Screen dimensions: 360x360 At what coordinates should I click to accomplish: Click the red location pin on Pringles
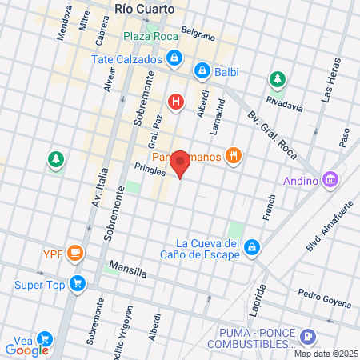[181, 163]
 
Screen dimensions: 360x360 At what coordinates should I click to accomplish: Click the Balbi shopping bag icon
[203, 70]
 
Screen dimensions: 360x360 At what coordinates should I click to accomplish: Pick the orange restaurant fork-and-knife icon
[234, 156]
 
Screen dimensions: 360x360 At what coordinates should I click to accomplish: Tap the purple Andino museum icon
[330, 180]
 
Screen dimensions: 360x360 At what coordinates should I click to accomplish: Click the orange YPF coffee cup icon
[75, 254]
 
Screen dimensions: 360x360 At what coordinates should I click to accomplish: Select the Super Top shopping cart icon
[77, 283]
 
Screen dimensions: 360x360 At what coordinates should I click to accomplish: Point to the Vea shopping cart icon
[44, 339]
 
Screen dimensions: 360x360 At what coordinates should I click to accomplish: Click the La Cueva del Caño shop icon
[253, 247]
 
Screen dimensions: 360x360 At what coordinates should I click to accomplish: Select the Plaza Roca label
[150, 36]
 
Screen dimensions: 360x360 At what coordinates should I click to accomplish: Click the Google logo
[27, 350]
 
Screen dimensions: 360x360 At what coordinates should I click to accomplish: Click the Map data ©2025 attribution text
[325, 354]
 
